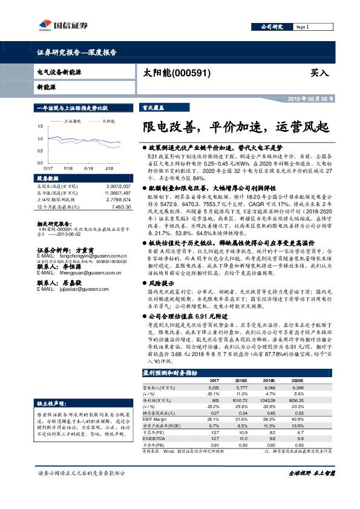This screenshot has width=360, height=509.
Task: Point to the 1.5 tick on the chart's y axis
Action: click(40, 126)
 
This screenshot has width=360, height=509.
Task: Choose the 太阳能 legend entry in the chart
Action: click(108, 122)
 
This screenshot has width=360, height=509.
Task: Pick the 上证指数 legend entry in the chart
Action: click(73, 122)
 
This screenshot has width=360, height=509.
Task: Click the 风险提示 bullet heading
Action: click(161, 283)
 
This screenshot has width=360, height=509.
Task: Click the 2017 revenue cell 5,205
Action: click(214, 387)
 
